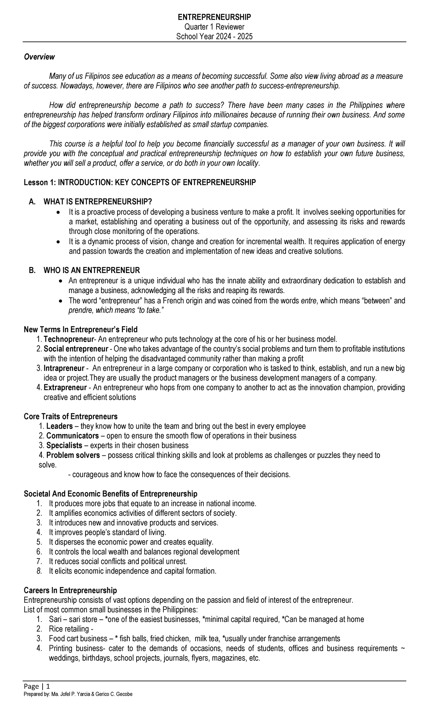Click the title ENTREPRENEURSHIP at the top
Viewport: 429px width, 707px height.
[x=214, y=17]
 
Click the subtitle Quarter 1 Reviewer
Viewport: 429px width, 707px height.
[x=214, y=27]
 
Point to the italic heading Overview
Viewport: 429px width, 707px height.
[x=39, y=57]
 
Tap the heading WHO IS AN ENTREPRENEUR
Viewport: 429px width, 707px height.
[x=92, y=270]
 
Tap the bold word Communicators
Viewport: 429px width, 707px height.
[x=73, y=436]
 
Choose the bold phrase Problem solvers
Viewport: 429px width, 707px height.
[x=73, y=455]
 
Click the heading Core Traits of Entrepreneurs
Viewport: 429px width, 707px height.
[x=70, y=416]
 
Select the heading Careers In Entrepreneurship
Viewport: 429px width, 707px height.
[x=70, y=590]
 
